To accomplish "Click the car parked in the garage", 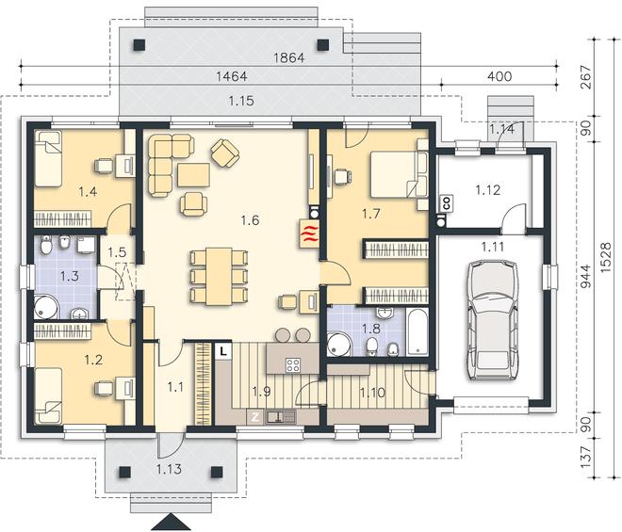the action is pyautogui.click(x=493, y=320).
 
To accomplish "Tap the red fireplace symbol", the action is pyautogui.click(x=309, y=234).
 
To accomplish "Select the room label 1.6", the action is pyautogui.click(x=250, y=220).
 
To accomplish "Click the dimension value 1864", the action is pyautogui.click(x=289, y=57).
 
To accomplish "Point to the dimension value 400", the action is pyautogui.click(x=499, y=76).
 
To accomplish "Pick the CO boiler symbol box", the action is pyautogui.click(x=447, y=203).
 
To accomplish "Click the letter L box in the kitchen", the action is pyautogui.click(x=224, y=351).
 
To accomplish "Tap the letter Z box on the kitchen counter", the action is pyautogui.click(x=255, y=416).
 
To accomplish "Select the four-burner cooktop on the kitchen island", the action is pyautogui.click(x=293, y=364).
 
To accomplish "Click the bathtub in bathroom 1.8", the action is pyautogui.click(x=417, y=332).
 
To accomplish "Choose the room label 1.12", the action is pyautogui.click(x=488, y=190).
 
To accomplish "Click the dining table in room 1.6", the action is pyautogui.click(x=219, y=276).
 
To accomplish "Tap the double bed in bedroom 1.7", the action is pyautogui.click(x=399, y=174).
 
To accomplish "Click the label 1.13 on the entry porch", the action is pyautogui.click(x=169, y=469).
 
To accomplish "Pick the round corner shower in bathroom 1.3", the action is pyautogui.click(x=46, y=306).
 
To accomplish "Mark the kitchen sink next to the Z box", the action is pyautogui.click(x=281, y=416).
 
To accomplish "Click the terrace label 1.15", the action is pyautogui.click(x=241, y=101).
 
